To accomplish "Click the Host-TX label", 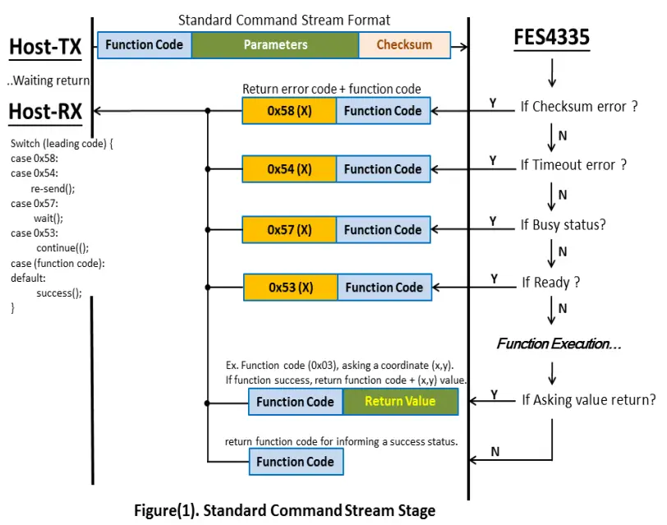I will pyautogui.click(x=45, y=48).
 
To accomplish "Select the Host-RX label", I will pyautogui.click(x=45, y=111).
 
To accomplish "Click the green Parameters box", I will pyautogui.click(x=275, y=45).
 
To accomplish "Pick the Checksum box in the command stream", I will pyautogui.click(x=404, y=45).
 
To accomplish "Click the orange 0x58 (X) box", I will pyautogui.click(x=289, y=111).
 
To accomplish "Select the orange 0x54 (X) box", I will pyautogui.click(x=289, y=169).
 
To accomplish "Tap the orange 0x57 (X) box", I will pyautogui.click(x=289, y=230).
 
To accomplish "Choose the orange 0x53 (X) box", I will pyautogui.click(x=291, y=288).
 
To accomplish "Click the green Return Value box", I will pyautogui.click(x=400, y=402).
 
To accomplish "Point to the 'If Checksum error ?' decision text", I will pyautogui.click(x=579, y=106).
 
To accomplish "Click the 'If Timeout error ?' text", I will pyautogui.click(x=573, y=165).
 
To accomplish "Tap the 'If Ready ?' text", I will pyautogui.click(x=550, y=283).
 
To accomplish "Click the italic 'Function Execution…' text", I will pyautogui.click(x=559, y=343).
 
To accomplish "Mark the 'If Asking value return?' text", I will pyautogui.click(x=588, y=400).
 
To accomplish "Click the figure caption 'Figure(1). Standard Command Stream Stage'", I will pyautogui.click(x=284, y=510).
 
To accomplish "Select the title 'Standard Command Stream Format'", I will pyautogui.click(x=284, y=20).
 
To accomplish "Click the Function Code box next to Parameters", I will pyautogui.click(x=145, y=45).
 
